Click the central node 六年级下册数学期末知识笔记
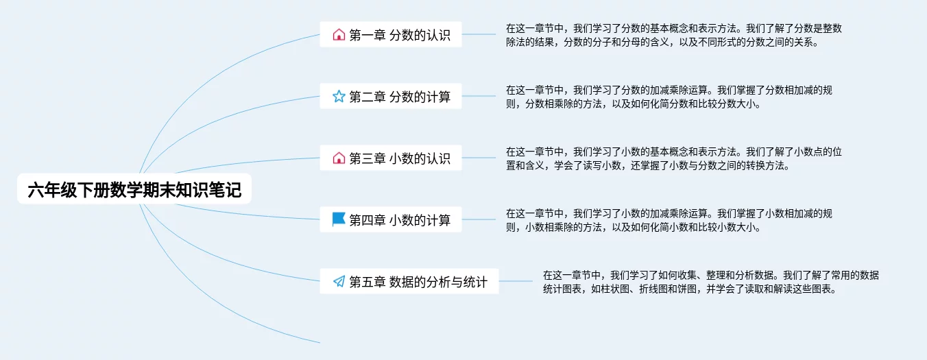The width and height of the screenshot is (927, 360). click(x=134, y=190)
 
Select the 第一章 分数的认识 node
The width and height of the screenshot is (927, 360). click(x=391, y=35)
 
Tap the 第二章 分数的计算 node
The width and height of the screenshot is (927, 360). click(x=391, y=97)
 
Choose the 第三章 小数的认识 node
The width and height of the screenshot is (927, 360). click(x=391, y=158)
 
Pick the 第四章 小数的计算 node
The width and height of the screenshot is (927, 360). click(x=391, y=220)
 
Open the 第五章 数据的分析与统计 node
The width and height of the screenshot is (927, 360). click(x=409, y=281)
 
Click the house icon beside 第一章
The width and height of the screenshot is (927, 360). click(x=339, y=35)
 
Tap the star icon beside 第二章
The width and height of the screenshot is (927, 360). click(x=339, y=97)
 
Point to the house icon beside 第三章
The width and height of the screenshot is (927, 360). click(x=339, y=158)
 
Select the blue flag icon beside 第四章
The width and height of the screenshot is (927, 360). click(x=339, y=219)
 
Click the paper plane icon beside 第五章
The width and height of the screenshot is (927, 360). click(x=339, y=281)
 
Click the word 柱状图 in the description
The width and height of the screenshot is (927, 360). click(x=623, y=289)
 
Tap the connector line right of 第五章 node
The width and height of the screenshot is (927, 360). click(x=516, y=281)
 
